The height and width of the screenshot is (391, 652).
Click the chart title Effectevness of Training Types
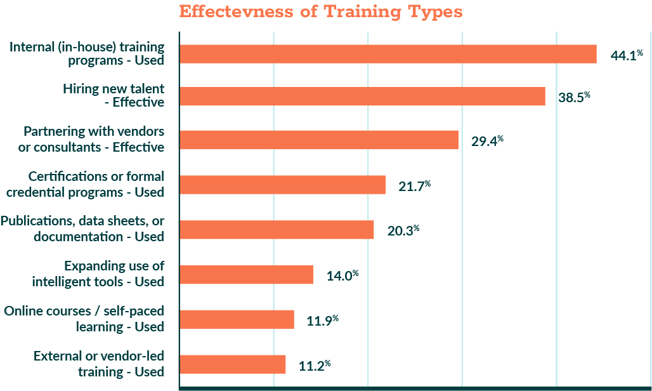321,12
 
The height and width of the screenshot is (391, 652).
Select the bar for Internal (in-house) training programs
388,54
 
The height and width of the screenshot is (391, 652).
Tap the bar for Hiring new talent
363,96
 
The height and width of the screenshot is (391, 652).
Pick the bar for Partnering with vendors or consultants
319,140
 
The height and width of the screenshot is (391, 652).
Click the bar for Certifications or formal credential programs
283,185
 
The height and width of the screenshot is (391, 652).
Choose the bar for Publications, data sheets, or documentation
277,230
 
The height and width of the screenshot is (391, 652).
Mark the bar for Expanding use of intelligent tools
247,274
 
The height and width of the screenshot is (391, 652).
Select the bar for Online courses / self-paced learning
237,319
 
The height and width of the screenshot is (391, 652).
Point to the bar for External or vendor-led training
233,364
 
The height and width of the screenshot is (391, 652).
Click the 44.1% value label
627,55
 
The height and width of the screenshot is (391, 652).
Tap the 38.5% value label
575,97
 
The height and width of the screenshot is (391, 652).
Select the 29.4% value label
487,141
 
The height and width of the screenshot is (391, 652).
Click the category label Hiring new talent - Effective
114,96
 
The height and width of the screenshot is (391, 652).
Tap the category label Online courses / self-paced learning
84,319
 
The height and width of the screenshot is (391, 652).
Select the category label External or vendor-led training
99,364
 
